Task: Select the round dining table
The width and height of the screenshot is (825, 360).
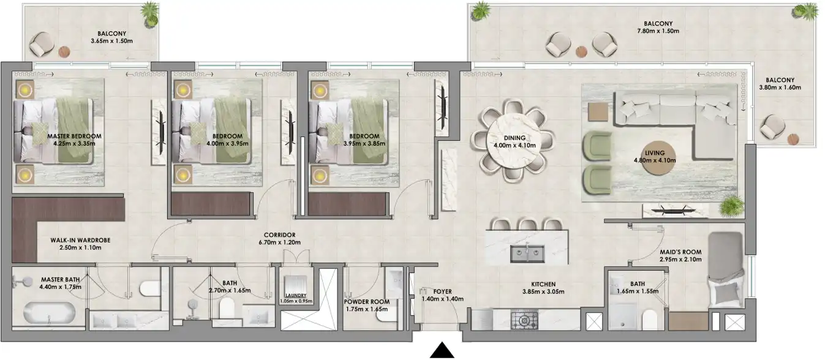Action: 514,144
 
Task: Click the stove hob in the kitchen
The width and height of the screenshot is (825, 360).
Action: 525,320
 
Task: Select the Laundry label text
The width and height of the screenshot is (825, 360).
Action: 295,295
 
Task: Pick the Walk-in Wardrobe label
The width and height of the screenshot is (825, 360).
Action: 80,240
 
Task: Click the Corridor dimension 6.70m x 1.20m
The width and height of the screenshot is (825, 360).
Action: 279,242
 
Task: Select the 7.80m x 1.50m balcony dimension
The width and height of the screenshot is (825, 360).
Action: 654,31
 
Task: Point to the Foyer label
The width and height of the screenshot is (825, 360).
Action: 442,291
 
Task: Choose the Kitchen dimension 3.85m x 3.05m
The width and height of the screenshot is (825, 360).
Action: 543,291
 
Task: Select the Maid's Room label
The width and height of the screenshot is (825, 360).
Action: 680,252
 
